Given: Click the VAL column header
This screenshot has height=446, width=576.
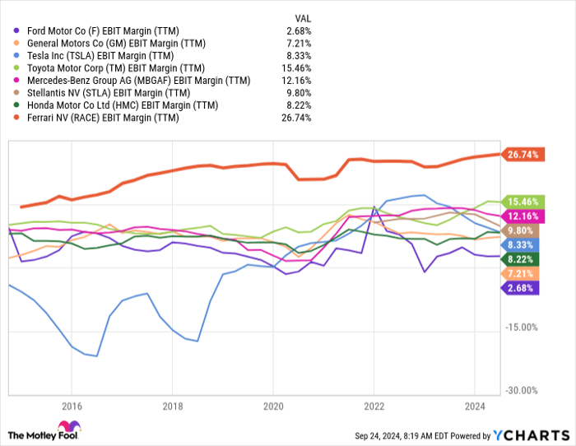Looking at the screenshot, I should click(302, 17).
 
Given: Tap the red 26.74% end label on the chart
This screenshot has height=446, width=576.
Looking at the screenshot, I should click(523, 155).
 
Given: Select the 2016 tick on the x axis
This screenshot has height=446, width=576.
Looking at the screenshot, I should click(72, 406).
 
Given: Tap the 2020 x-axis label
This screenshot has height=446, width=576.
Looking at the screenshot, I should click(273, 406).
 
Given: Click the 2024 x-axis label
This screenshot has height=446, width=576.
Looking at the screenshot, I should click(475, 406).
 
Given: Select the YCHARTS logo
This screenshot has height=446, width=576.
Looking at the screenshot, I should click(531, 434).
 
